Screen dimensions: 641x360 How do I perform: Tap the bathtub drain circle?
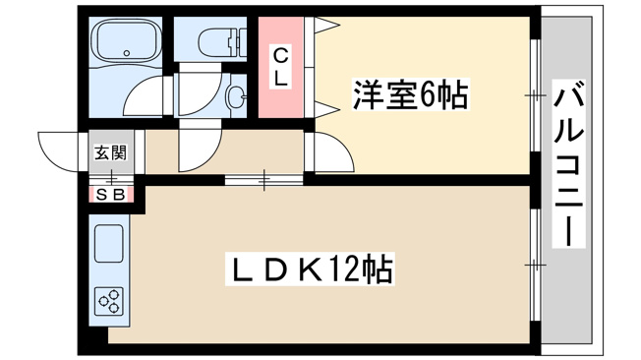pos(127,53)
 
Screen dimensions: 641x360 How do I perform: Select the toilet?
pos(223,42)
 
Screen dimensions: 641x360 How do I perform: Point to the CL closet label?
pos(280,67)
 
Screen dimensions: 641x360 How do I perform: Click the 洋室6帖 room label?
pos(410,95)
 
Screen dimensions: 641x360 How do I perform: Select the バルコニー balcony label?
pos(568,163)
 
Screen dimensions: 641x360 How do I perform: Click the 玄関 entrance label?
pos(111,152)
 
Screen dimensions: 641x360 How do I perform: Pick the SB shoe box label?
pos(111,195)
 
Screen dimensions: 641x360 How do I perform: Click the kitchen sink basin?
pos(109,243)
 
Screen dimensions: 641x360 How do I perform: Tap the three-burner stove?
pos(109,302)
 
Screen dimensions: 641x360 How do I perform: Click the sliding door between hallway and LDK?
pos(264,180)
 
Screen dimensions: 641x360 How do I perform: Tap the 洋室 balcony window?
pos(535,95)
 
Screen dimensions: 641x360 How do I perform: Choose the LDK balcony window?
pos(535,266)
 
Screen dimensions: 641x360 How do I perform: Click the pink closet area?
pos(280,67)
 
